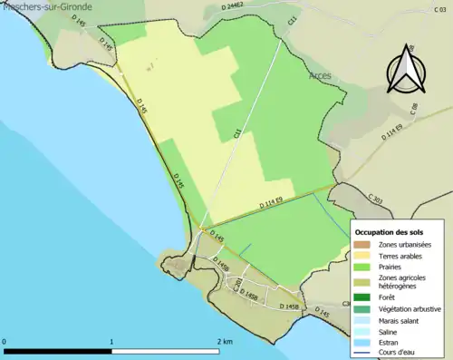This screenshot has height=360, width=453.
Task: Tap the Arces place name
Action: pos(320,75)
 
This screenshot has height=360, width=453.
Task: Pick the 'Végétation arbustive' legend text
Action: pos(412,308)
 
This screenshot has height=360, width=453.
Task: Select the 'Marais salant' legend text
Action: pos(400,320)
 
